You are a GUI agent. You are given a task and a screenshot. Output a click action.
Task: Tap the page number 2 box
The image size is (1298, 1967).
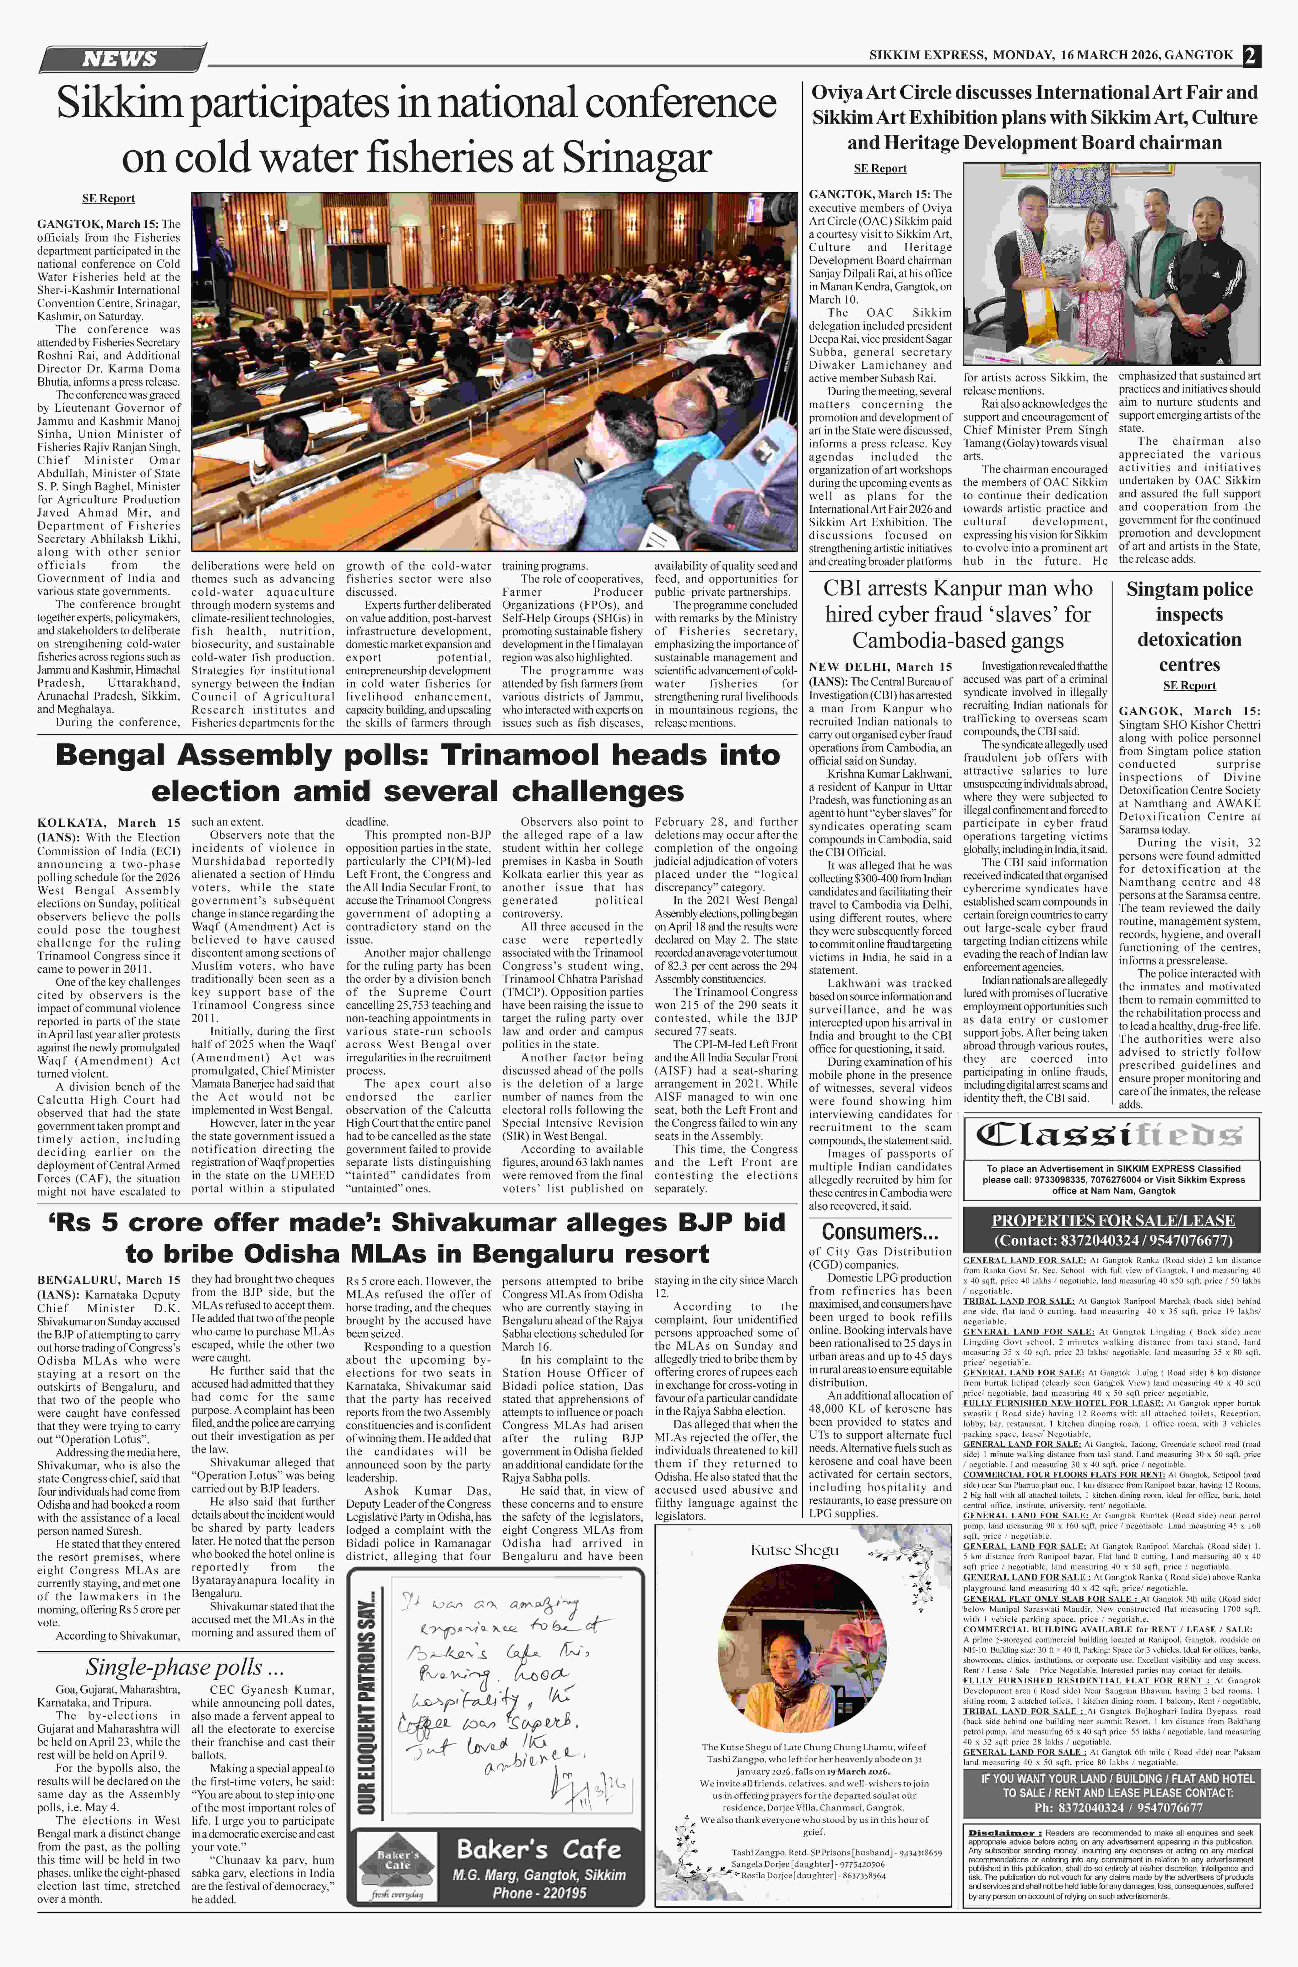[1250, 56]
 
